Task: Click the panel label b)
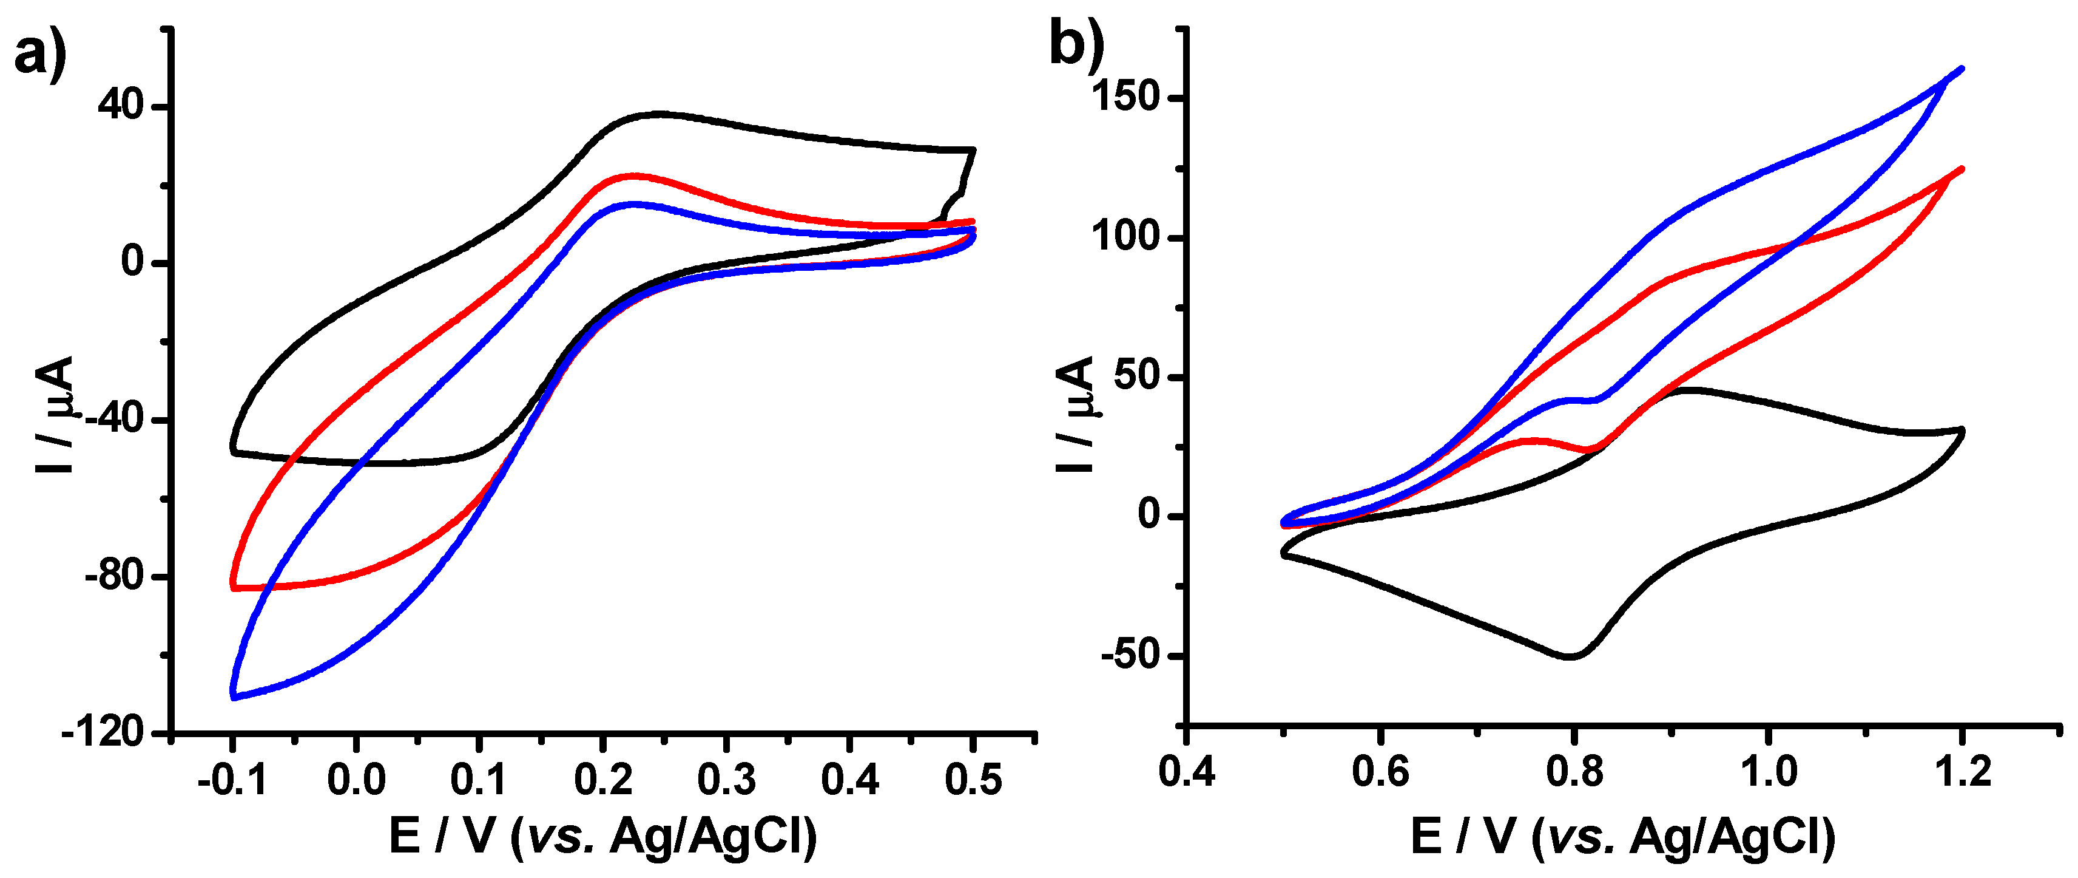click(1076, 44)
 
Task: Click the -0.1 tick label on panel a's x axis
click(232, 780)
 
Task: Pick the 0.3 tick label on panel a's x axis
click(726, 780)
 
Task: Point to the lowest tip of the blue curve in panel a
click(233, 696)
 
